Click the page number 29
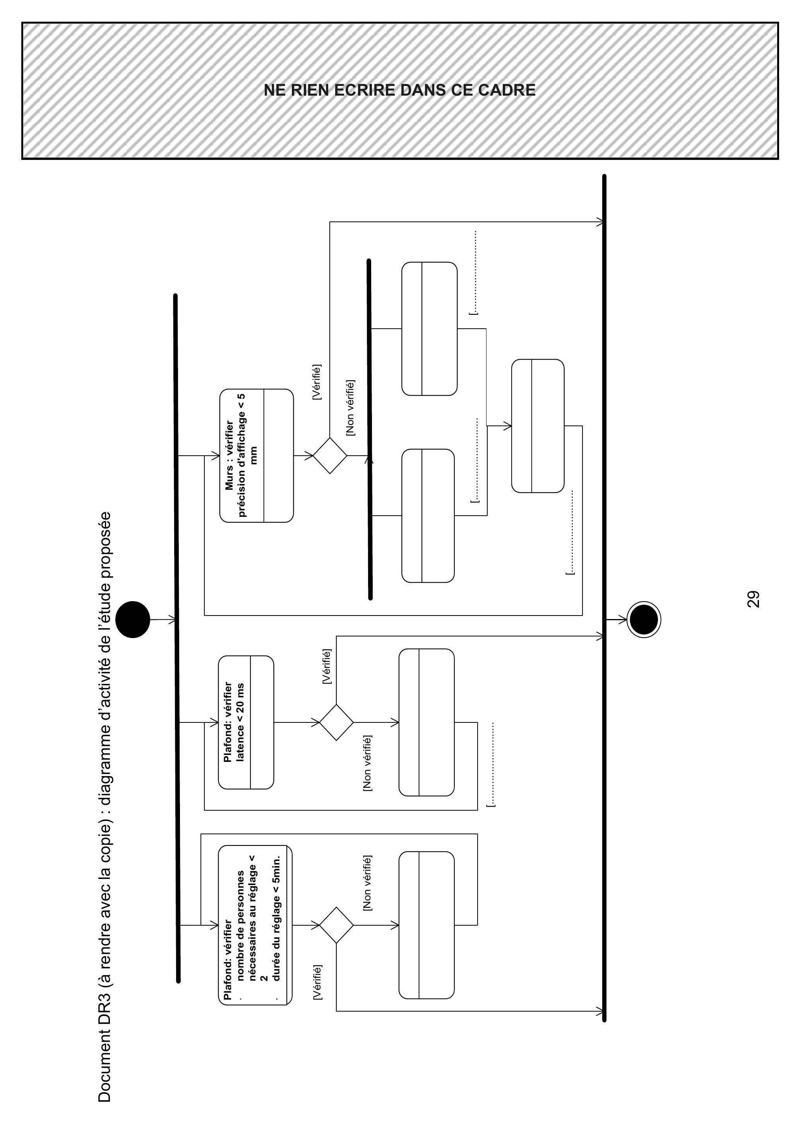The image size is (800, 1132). pyautogui.click(x=754, y=600)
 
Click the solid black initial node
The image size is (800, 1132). pyautogui.click(x=133, y=620)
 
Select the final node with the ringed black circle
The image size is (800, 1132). pyautogui.click(x=644, y=620)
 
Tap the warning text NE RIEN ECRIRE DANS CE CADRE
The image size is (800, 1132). pyautogui.click(x=400, y=90)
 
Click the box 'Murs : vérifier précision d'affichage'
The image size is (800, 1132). pyautogui.click(x=256, y=456)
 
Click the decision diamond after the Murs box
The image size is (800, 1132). pyautogui.click(x=330, y=456)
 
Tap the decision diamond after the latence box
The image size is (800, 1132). pyautogui.click(x=336, y=722)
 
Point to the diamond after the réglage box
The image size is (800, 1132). pyautogui.click(x=336, y=925)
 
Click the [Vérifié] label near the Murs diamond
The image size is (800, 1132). pyautogui.click(x=317, y=382)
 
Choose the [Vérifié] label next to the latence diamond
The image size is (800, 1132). pyautogui.click(x=326, y=667)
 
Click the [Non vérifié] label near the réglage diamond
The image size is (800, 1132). pyautogui.click(x=367, y=883)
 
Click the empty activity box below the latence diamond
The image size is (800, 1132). pyautogui.click(x=427, y=722)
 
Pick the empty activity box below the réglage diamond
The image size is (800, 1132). pyautogui.click(x=427, y=925)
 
